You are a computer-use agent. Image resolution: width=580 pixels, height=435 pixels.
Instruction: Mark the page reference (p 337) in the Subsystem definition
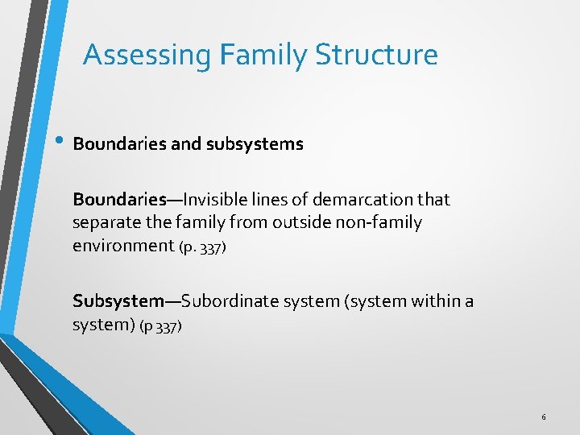point(161,326)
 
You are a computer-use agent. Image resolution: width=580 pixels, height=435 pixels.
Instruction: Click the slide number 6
point(544,417)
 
